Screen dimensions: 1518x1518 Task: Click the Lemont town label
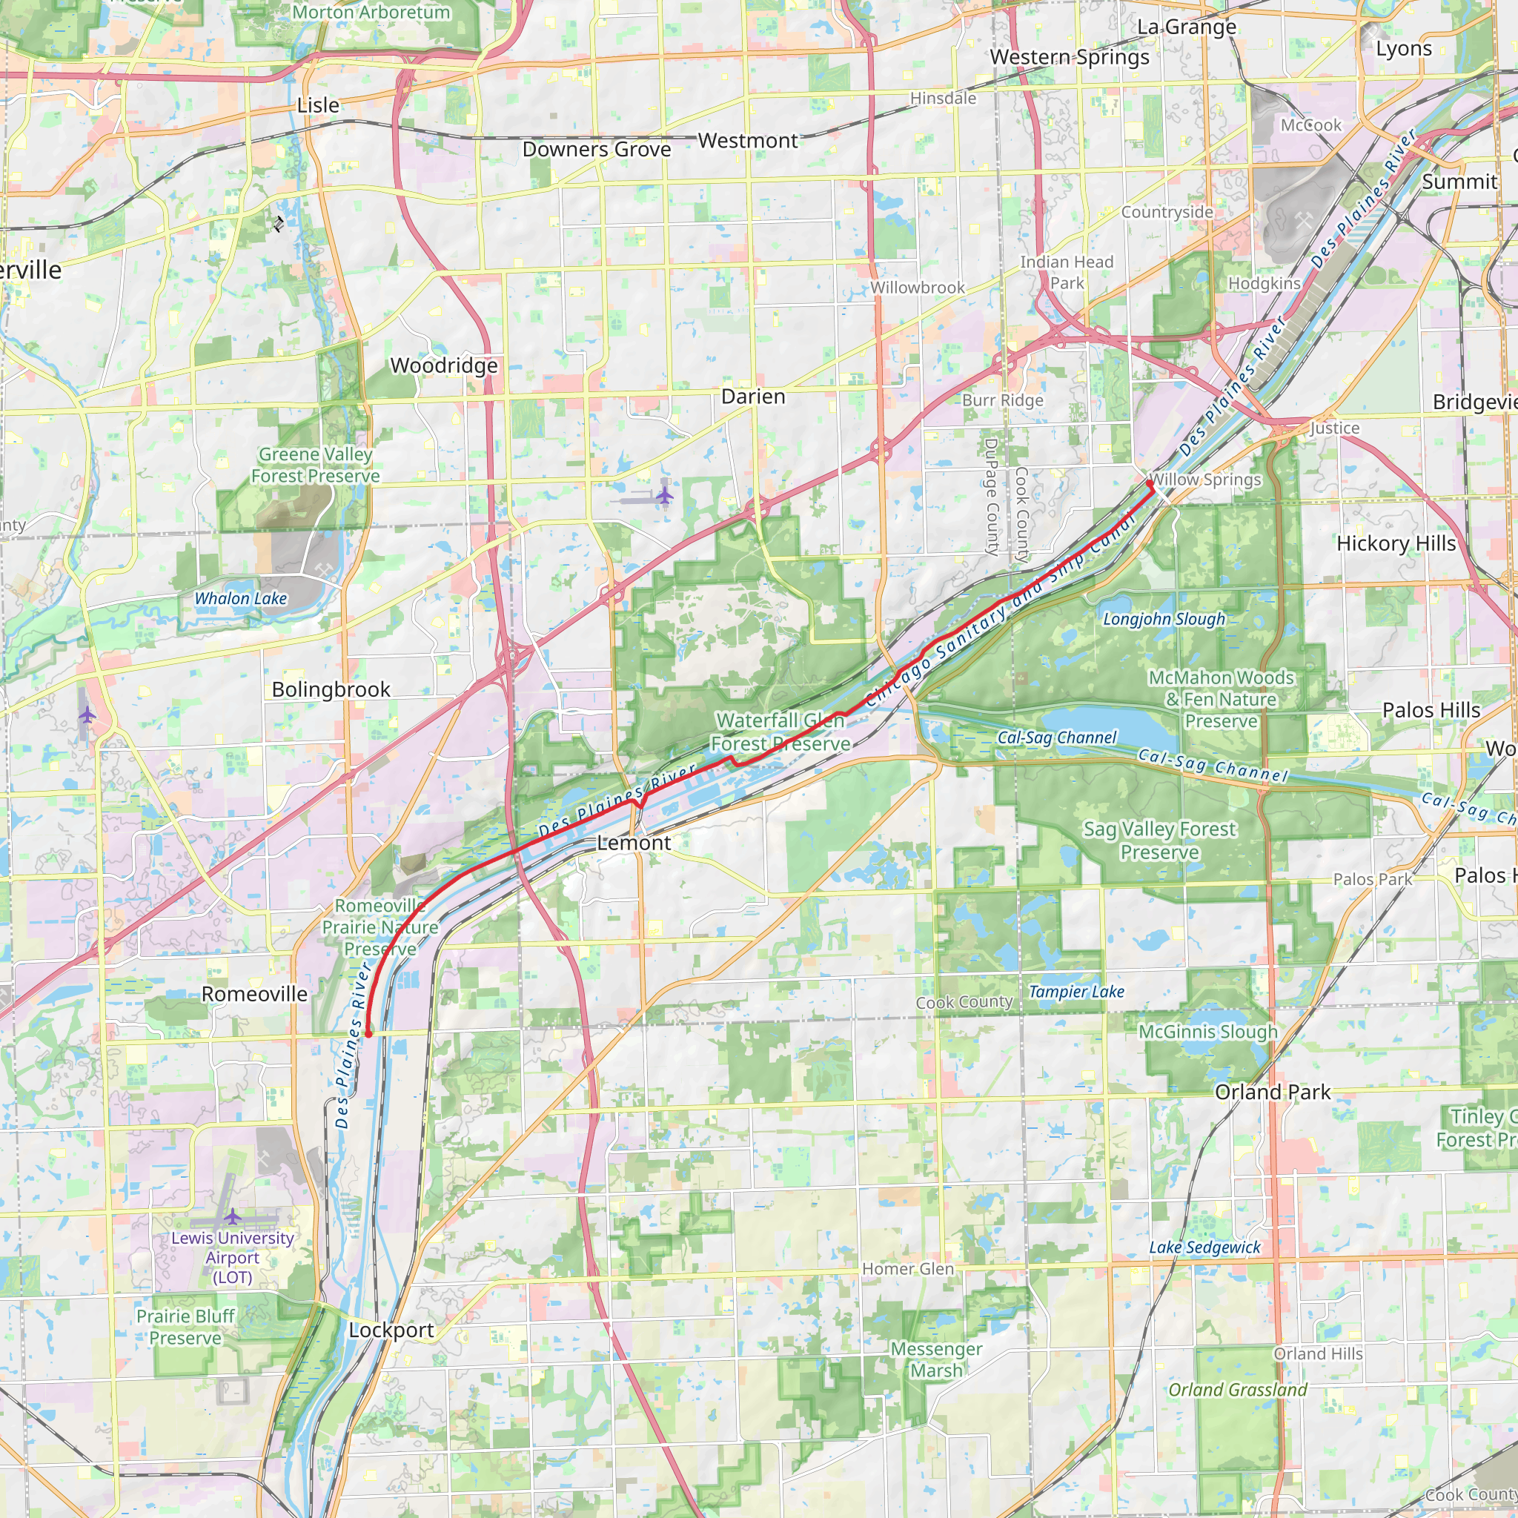pos(633,843)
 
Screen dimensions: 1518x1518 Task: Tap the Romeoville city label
pos(254,994)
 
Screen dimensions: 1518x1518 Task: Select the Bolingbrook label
pos(331,689)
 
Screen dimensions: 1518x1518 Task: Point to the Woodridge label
pos(444,365)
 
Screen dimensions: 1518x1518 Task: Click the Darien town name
pos(753,397)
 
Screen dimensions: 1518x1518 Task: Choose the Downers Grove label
pos(597,149)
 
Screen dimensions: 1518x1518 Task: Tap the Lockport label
pos(391,1330)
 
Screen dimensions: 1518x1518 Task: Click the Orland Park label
pos(1272,1092)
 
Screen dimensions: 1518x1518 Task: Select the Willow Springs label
pos(1205,480)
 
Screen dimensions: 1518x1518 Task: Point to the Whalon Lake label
pos(240,599)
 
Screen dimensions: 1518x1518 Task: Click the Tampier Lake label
pos(1076,992)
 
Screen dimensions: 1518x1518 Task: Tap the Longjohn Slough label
pos(1164,619)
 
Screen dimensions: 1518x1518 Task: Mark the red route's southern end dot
pos(368,1034)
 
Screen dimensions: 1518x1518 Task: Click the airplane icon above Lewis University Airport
pos(233,1217)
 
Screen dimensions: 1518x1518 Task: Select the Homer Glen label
pos(907,1269)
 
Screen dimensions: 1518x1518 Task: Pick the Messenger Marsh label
pos(936,1360)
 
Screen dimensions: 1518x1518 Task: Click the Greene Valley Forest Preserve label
pos(315,465)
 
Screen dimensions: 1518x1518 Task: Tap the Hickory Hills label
pos(1396,544)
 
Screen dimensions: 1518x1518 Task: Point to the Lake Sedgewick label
pos(1204,1247)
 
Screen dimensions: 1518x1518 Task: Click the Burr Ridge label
pos(1003,400)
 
